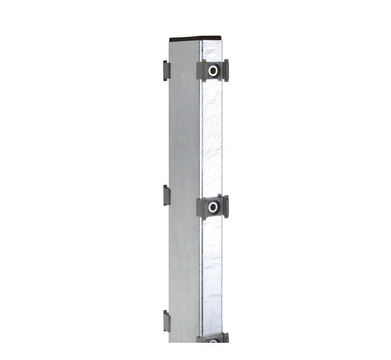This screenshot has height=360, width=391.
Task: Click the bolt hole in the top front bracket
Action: pyautogui.click(x=213, y=71)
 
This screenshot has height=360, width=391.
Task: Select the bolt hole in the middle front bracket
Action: pyautogui.click(x=213, y=207)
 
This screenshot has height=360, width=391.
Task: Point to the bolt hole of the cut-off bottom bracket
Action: pyautogui.click(x=213, y=339)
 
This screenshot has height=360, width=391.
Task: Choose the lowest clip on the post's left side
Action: pyautogui.click(x=166, y=321)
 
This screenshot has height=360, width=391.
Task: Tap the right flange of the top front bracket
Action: pyautogui.click(x=225, y=70)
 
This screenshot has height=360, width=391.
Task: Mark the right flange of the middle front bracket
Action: pyautogui.click(x=225, y=207)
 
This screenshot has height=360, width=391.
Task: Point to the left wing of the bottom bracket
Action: pyautogui.click(x=200, y=339)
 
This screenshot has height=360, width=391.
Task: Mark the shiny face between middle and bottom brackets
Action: pyautogui.click(x=211, y=275)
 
